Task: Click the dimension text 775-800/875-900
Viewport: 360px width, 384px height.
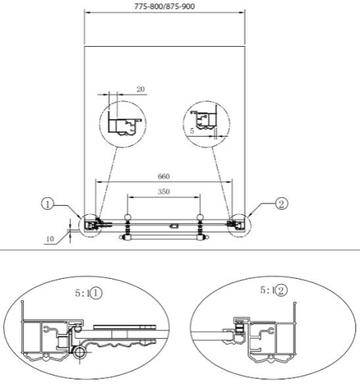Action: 164,6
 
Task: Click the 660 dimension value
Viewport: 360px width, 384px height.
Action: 163,177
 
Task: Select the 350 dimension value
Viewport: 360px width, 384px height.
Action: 163,191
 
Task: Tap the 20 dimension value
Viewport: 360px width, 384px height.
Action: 140,89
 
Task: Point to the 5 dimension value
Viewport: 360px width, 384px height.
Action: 192,131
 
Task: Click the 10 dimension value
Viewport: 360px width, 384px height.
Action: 50,239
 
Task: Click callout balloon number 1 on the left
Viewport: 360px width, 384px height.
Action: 48,204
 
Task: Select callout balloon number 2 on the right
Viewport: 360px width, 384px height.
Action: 282,204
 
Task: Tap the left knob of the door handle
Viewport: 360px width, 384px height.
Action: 127,217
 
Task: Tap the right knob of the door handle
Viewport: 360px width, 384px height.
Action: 200,217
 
